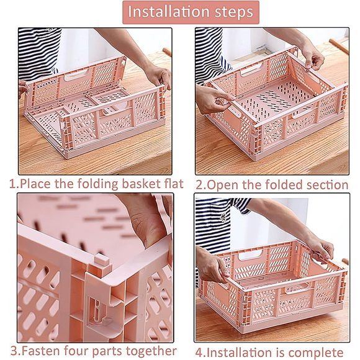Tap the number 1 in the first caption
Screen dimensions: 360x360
[x=12, y=184]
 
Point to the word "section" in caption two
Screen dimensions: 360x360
[x=326, y=184]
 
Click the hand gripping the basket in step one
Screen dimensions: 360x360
[x=159, y=77]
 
